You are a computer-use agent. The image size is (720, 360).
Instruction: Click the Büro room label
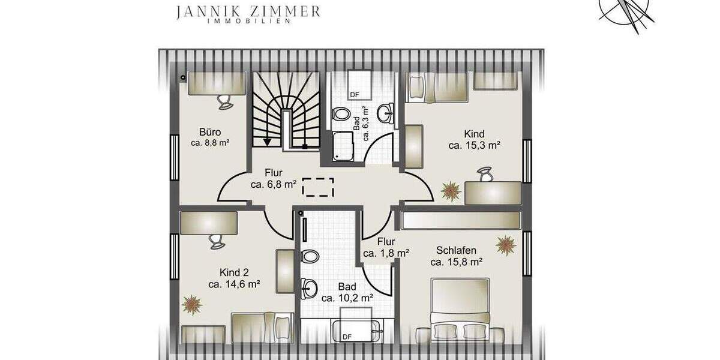pyautogui.click(x=211, y=132)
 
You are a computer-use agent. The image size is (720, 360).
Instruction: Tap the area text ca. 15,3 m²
pyautogui.click(x=474, y=145)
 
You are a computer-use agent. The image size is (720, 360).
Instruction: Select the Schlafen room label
pyautogui.click(x=457, y=250)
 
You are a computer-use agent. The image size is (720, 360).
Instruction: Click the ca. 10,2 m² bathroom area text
pyautogui.click(x=347, y=298)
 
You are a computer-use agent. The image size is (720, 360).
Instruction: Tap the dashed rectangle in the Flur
pyautogui.click(x=318, y=187)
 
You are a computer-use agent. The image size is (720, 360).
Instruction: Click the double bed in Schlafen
pyautogui.click(x=460, y=309)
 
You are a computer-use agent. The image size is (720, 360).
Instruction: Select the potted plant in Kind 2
pyautogui.click(x=192, y=304)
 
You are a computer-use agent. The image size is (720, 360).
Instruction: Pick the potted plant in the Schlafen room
pyautogui.click(x=506, y=245)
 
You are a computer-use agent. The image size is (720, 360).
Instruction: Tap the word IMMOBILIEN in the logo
pyautogui.click(x=249, y=22)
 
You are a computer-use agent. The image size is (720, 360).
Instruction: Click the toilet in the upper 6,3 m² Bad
pyautogui.click(x=342, y=113)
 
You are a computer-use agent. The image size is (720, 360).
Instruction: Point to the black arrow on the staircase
pyautogui.click(x=266, y=140)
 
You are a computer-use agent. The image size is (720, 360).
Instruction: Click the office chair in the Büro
pyautogui.click(x=225, y=101)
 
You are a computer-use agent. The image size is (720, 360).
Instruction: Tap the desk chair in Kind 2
pyautogui.click(x=217, y=241)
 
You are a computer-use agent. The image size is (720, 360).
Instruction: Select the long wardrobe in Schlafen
pyautogui.click(x=460, y=220)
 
